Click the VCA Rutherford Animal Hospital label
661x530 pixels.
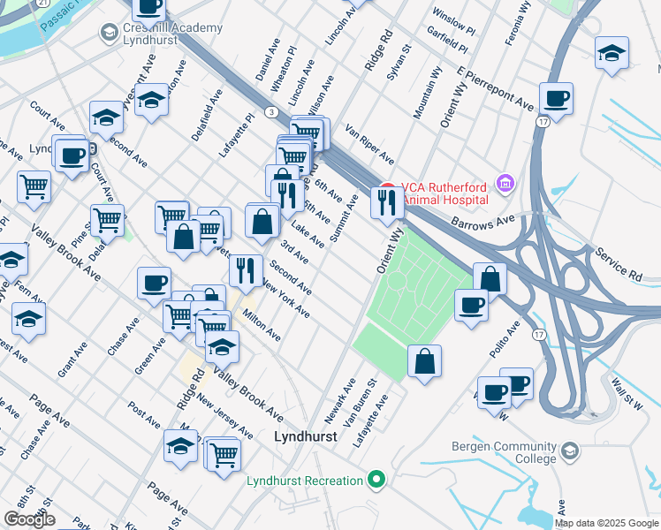444,193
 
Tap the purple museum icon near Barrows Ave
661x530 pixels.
505,183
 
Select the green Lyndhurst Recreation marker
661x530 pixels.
377,481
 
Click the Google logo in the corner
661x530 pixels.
29,519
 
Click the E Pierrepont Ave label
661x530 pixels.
497,87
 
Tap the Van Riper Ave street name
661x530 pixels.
369,143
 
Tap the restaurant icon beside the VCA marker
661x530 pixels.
387,202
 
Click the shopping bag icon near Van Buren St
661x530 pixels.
424,361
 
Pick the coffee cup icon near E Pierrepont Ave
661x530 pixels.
556,98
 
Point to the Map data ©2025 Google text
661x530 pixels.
606,523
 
